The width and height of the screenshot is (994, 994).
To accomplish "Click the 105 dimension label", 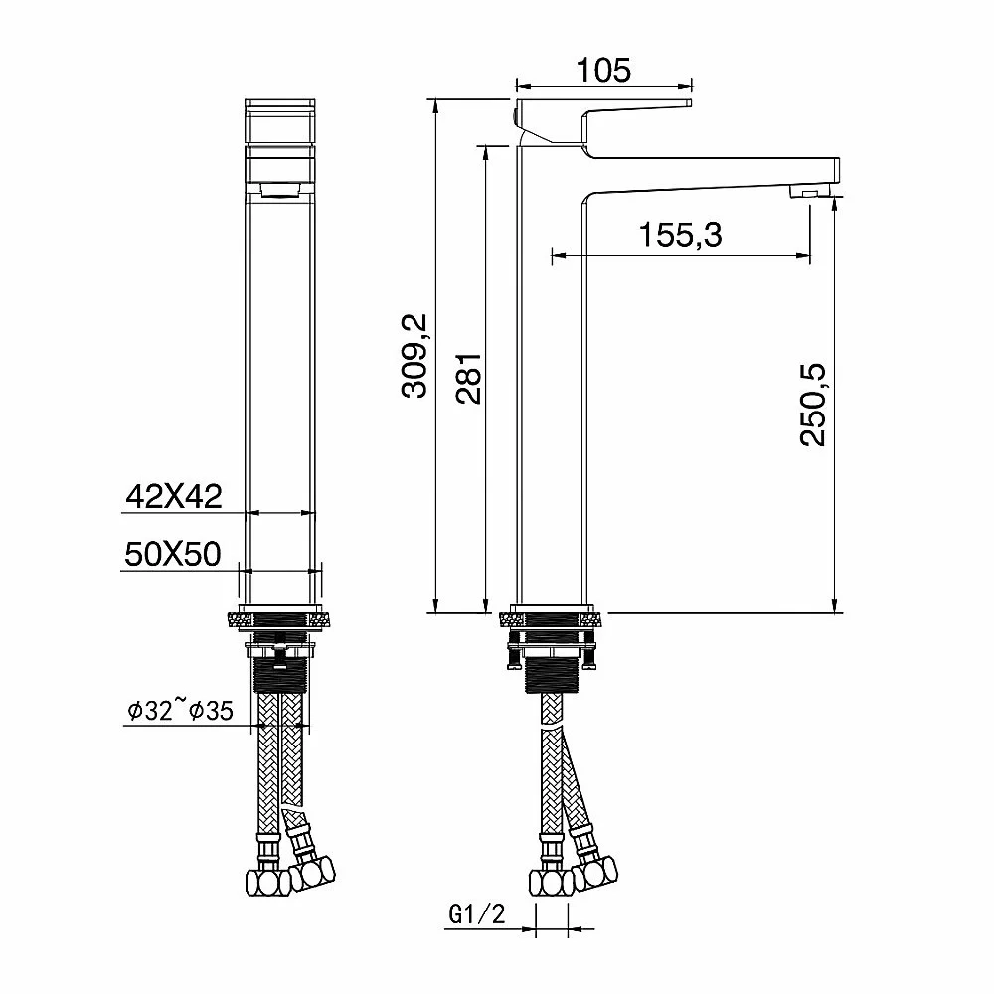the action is (603, 70).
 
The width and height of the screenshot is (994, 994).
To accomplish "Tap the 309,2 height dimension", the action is (415, 356).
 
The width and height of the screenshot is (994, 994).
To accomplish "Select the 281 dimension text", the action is (469, 379).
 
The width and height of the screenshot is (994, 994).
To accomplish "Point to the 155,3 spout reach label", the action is (680, 235).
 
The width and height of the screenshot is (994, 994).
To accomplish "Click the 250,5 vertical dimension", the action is (813, 405).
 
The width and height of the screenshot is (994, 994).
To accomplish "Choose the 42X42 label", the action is (174, 496).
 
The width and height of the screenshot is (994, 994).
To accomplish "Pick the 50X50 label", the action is (173, 554).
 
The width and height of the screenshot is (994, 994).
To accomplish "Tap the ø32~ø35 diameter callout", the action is (180, 711).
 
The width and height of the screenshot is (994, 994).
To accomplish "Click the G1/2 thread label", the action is (477, 913).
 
